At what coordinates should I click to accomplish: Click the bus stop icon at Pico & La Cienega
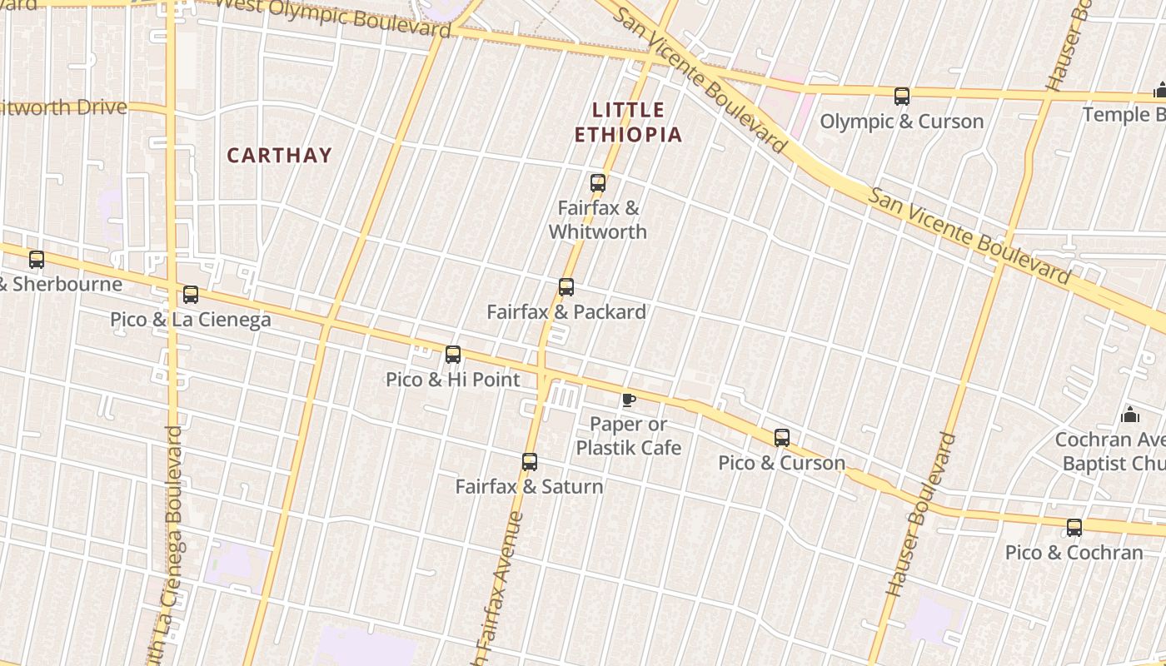click(191, 295)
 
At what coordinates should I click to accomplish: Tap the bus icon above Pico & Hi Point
click(453, 355)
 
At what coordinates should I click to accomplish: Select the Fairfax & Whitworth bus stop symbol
click(598, 183)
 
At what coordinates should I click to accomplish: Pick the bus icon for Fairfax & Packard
click(566, 287)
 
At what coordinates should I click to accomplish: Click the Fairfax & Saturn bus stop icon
click(530, 461)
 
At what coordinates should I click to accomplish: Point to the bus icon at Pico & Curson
click(781, 438)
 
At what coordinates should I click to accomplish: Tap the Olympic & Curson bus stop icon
click(902, 97)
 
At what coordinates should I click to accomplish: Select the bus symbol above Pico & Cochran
click(1074, 528)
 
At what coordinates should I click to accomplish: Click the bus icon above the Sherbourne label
click(37, 260)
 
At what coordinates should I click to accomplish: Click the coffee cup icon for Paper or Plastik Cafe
click(629, 400)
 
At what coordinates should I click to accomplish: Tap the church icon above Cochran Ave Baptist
click(1130, 414)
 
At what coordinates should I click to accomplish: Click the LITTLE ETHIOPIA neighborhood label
click(629, 122)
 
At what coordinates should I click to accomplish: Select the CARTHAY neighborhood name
click(280, 155)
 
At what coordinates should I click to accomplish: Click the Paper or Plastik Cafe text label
click(629, 436)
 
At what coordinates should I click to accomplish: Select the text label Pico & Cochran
click(1074, 553)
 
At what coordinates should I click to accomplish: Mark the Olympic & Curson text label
click(902, 122)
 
